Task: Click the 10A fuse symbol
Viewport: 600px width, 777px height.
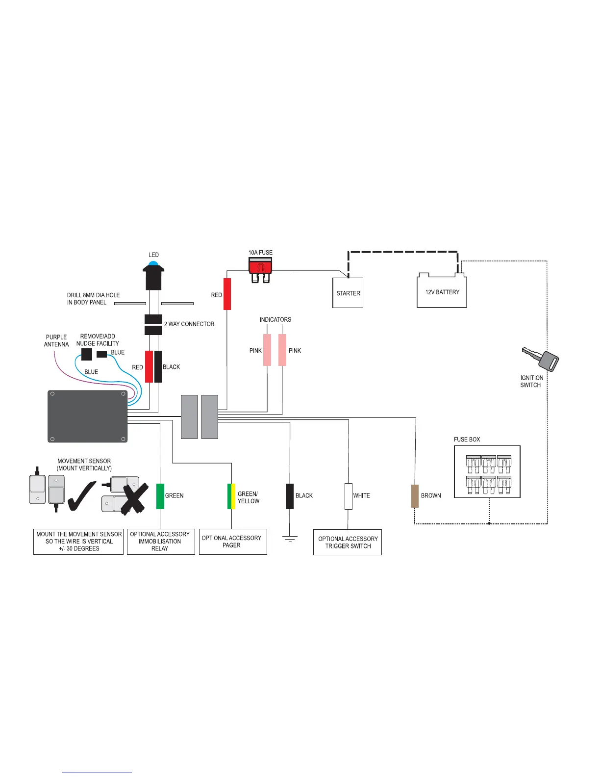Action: coord(260,269)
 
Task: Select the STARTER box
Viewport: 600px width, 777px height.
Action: coord(348,293)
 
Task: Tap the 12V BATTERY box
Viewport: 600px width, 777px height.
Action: coord(442,292)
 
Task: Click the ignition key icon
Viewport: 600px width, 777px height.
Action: coord(541,358)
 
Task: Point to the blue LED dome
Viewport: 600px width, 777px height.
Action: coord(154,264)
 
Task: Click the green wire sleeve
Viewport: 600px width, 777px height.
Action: coord(160,496)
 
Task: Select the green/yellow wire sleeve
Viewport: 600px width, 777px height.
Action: coord(231,496)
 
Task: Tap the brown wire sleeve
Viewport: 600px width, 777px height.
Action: coord(415,496)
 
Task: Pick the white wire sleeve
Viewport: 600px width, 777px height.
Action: coord(348,496)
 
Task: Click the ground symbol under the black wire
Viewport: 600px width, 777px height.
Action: coord(290,539)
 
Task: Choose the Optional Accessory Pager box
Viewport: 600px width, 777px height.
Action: coord(233,542)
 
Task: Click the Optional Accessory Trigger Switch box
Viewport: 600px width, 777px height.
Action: coord(348,542)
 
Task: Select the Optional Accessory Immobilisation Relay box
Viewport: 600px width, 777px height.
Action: coord(161,542)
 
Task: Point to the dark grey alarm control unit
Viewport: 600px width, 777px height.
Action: coord(87,416)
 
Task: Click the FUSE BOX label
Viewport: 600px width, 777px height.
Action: coord(467,440)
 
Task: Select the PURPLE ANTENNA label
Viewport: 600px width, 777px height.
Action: coord(56,340)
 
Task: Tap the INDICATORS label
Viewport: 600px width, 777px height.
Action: coord(275,320)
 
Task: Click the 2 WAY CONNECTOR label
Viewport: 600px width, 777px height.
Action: coord(189,324)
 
